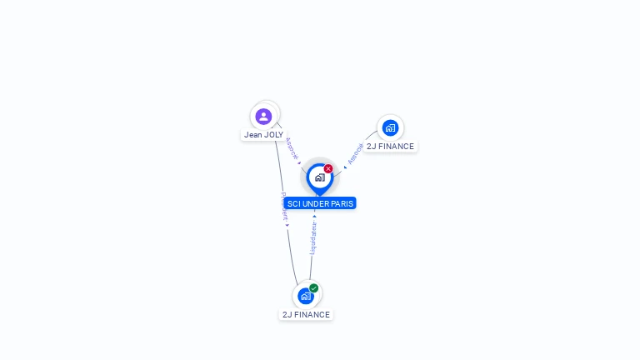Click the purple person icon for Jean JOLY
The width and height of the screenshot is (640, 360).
pos(263,117)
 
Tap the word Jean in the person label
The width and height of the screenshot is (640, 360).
pos(252,135)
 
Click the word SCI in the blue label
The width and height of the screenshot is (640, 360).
pos(293,203)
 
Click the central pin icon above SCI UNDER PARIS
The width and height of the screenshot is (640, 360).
pos(319,177)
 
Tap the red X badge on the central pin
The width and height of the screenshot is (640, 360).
pos(328,168)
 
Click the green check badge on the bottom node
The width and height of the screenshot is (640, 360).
pos(313,288)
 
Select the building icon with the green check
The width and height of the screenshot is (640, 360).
pos(306,296)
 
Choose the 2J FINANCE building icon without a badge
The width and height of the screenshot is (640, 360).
pos(390,128)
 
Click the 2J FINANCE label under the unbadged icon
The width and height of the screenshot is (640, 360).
pos(390,147)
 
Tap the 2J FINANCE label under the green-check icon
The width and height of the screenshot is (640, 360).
pos(306,315)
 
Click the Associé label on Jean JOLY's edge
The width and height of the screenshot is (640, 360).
pos(292,147)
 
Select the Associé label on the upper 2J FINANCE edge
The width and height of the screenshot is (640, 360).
pos(355,153)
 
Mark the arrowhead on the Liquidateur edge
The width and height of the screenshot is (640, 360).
pos(314,216)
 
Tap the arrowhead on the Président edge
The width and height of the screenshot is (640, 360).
pos(287,225)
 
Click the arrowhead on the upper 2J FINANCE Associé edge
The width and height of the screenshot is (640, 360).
pos(345,167)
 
